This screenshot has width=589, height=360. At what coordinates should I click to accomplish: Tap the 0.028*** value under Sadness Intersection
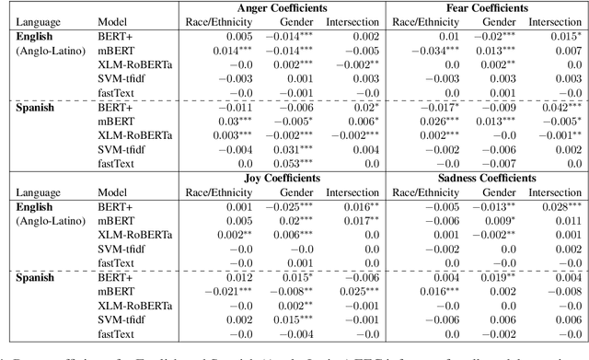[561, 208]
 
